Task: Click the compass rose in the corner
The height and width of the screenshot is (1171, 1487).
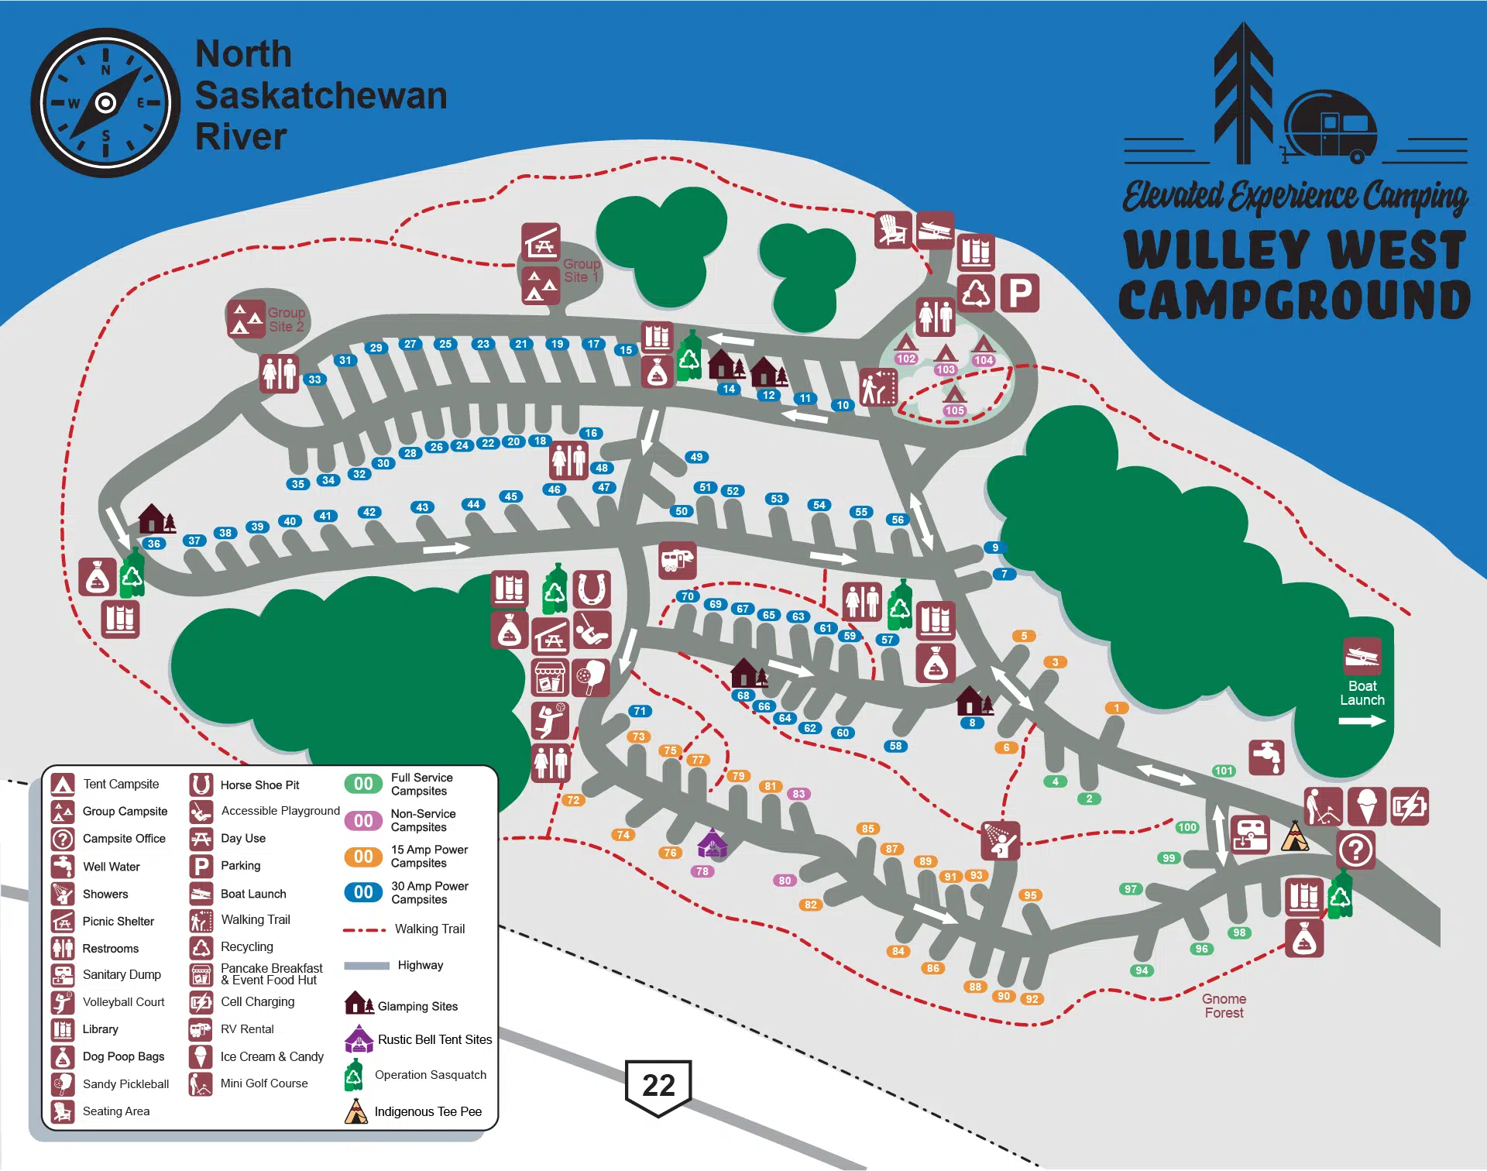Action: pos(105,102)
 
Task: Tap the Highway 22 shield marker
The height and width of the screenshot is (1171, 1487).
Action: pos(658,1086)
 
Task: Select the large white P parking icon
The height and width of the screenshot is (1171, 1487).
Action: pos(1019,294)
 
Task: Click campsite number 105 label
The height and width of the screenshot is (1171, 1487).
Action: pos(954,410)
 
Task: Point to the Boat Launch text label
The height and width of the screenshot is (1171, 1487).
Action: pos(1362,692)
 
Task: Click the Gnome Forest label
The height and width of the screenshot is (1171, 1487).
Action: pos(1224,1005)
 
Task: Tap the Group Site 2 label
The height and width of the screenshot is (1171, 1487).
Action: pos(286,319)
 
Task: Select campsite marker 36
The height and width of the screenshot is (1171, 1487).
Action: pos(154,544)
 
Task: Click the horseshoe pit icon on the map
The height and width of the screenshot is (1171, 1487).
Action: pos(592,589)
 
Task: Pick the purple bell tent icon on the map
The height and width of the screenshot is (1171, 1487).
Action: pos(712,843)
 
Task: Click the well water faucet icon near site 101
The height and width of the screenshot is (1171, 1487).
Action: pos(1266,756)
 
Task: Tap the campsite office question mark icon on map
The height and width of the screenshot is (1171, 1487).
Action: pos(1355,850)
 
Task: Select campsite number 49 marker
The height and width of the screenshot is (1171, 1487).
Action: pos(696,457)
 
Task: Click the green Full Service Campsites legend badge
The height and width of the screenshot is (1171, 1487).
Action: pos(363,784)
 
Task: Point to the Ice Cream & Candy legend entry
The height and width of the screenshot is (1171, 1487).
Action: pos(271,1056)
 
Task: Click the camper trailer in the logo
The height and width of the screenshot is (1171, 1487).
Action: pos(1330,128)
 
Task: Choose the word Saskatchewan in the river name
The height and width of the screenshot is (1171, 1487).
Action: pos(321,95)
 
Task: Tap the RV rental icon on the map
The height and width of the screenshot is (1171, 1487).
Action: pos(677,560)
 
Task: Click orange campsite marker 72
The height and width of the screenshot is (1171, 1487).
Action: pos(573,800)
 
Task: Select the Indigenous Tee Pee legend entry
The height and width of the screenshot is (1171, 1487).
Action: pos(428,1111)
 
